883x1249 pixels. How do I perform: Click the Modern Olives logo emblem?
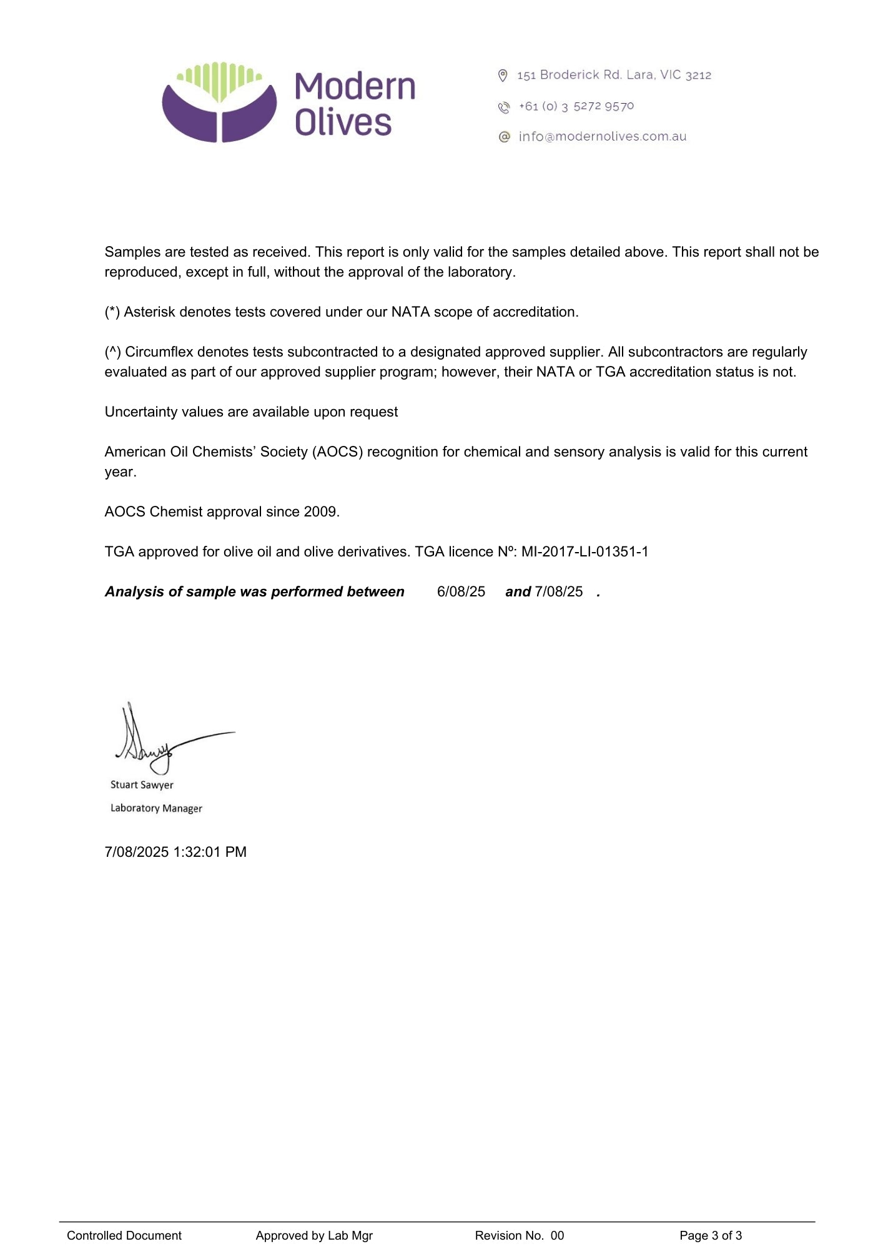pyautogui.click(x=219, y=102)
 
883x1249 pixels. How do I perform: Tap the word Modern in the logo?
pyautogui.click(x=355, y=87)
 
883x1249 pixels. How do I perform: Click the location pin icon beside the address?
pyautogui.click(x=503, y=76)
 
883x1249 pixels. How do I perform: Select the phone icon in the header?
pyautogui.click(x=504, y=107)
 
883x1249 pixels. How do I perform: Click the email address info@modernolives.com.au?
pyautogui.click(x=602, y=137)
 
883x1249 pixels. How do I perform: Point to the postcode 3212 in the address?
pyautogui.click(x=698, y=76)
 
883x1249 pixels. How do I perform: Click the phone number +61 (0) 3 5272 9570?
pyautogui.click(x=576, y=107)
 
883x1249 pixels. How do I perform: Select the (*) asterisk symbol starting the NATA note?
pyautogui.click(x=112, y=312)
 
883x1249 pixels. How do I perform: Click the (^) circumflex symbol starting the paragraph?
pyautogui.click(x=113, y=352)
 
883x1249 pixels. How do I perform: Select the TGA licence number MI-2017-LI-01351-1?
pyautogui.click(x=585, y=552)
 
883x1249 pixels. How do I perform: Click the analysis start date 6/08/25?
pyautogui.click(x=461, y=592)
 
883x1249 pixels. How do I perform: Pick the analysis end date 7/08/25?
pyautogui.click(x=559, y=592)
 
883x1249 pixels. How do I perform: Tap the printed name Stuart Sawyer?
pyautogui.click(x=142, y=785)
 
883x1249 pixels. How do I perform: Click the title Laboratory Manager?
pyautogui.click(x=156, y=808)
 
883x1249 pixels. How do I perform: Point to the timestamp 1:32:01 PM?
pyautogui.click(x=210, y=852)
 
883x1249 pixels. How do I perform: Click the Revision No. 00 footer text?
pyautogui.click(x=519, y=1235)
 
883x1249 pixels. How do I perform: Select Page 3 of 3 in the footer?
pyautogui.click(x=711, y=1235)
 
